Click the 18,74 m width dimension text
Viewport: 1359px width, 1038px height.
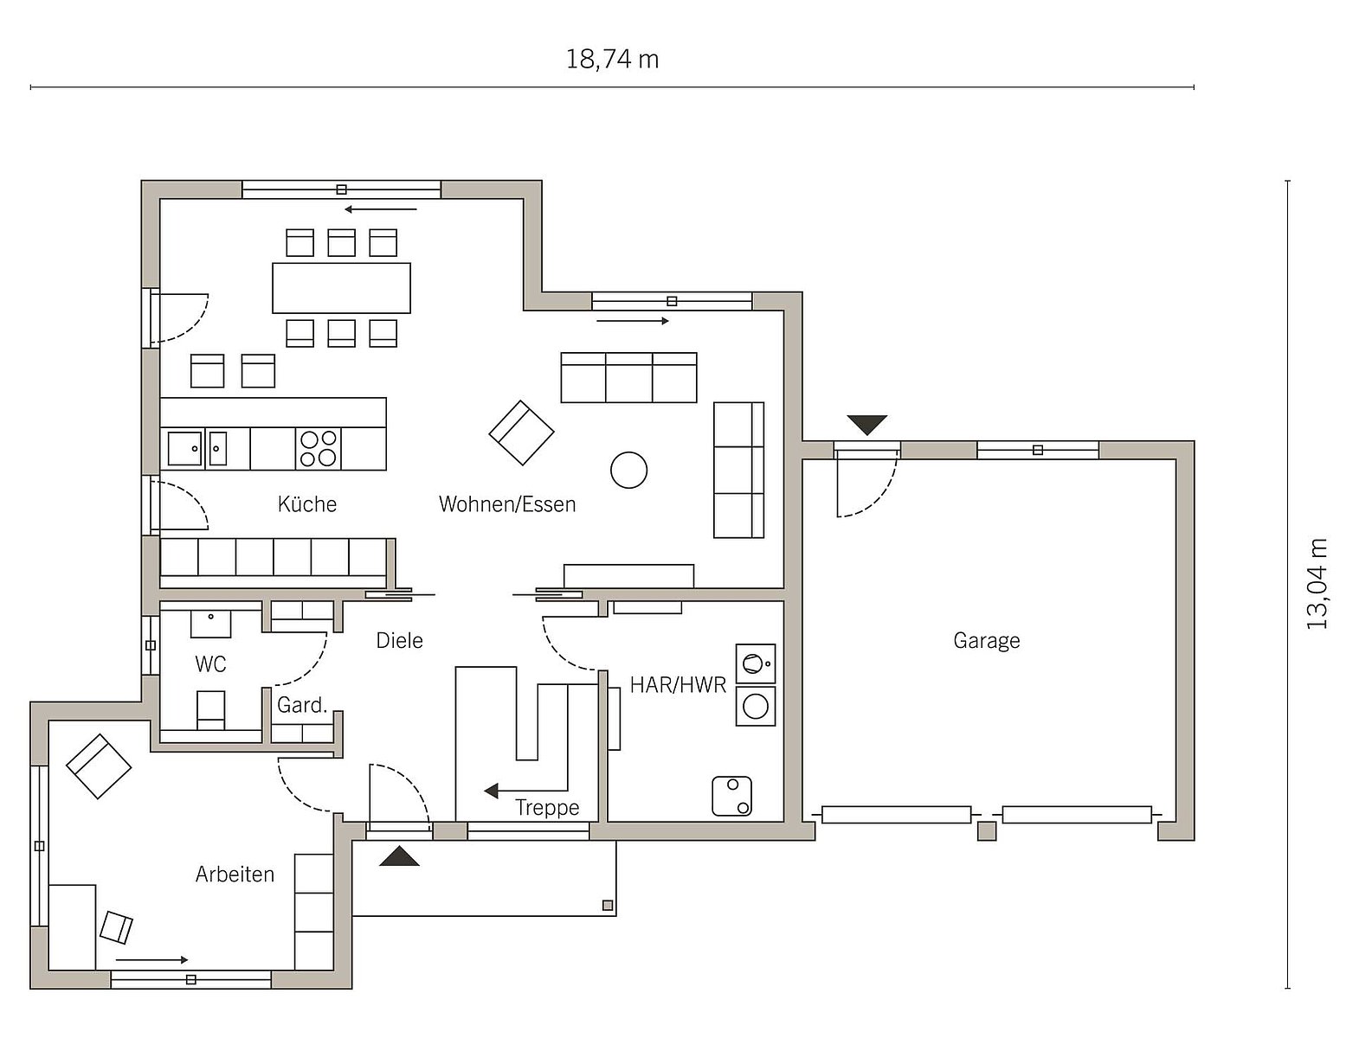point(612,60)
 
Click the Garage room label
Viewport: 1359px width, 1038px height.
point(986,641)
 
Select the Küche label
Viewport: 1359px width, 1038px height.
point(306,504)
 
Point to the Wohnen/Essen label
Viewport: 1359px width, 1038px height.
point(507,504)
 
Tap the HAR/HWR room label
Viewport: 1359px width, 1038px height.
point(678,685)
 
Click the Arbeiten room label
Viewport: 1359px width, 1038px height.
point(235,874)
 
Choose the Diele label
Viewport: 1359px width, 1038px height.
point(399,641)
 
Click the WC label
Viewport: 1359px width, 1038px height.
point(210,664)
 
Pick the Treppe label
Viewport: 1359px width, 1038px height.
point(547,807)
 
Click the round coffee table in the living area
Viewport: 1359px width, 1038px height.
point(628,471)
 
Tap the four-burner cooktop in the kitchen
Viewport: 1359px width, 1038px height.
point(319,448)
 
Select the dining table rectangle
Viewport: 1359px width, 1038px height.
point(341,288)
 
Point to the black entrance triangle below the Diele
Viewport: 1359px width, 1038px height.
point(399,855)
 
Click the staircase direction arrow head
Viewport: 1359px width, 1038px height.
point(491,791)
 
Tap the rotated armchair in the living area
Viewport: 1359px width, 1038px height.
point(521,433)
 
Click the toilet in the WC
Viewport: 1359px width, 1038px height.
point(210,710)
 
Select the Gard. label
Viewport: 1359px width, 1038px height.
point(301,705)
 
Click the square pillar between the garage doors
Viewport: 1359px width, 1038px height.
point(987,831)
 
